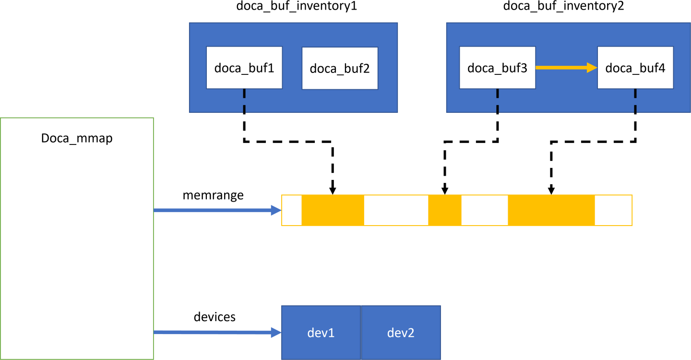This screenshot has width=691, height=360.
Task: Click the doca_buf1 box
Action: tap(244, 68)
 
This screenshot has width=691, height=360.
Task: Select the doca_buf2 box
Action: tap(340, 68)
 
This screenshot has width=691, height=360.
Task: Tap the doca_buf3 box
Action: tap(497, 68)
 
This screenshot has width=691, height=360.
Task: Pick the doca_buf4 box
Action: tap(635, 68)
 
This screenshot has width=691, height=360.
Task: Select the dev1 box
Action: tap(321, 333)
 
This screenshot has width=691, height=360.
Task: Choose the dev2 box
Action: tap(401, 333)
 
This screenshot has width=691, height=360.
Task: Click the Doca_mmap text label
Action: tap(77, 138)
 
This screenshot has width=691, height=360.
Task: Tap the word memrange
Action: tap(213, 196)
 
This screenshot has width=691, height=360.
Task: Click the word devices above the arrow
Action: tap(214, 317)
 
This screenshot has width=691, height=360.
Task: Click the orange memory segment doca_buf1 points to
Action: tap(333, 210)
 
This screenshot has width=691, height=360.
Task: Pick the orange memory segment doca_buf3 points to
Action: tap(444, 210)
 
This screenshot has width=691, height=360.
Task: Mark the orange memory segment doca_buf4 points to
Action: tap(551, 210)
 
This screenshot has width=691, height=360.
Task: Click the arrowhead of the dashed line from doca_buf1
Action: tap(333, 191)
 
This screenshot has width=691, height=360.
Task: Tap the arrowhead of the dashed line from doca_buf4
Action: tap(551, 191)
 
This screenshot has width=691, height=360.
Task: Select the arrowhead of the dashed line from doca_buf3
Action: tap(445, 191)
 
